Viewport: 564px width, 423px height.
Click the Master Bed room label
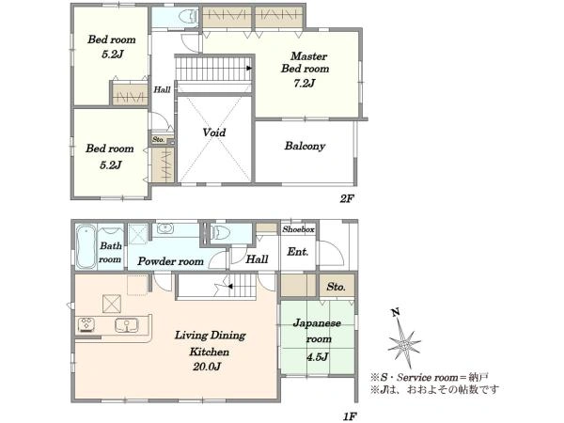coord(305,62)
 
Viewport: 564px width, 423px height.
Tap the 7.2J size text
coord(305,84)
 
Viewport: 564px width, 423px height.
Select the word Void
coord(214,133)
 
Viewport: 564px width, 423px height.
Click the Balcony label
coord(305,146)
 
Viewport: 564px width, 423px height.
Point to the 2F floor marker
coord(347,198)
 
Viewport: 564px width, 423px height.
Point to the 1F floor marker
coord(350,416)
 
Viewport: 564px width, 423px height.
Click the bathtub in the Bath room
coord(86,247)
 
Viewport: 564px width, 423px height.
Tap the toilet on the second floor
coord(188,17)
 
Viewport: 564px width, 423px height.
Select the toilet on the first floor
coord(220,233)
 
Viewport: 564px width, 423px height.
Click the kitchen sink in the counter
coord(127,325)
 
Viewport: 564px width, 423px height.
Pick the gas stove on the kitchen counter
coord(87,324)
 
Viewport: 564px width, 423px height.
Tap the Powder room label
coord(170,261)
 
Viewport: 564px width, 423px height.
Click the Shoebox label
coord(298,229)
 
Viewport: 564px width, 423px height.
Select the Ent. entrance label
coord(297,252)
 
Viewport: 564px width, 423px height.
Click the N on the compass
coord(396,312)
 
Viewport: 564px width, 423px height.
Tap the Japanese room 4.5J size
coord(318,357)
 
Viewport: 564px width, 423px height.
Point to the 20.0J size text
coord(207,367)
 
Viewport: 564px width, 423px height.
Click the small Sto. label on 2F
coord(158,139)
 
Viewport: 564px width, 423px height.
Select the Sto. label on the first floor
coord(336,287)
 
